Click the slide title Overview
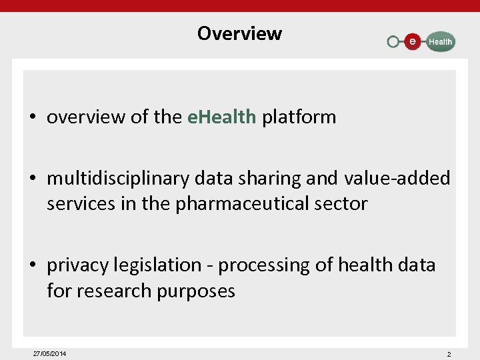click(x=239, y=33)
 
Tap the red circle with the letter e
click(x=413, y=41)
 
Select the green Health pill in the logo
click(x=439, y=41)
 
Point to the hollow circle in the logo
click(x=393, y=42)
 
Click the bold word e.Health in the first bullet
click(x=221, y=117)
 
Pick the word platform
click(x=299, y=117)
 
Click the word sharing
click(x=306, y=179)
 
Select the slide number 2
click(x=449, y=354)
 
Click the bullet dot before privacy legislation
click(x=32, y=266)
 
